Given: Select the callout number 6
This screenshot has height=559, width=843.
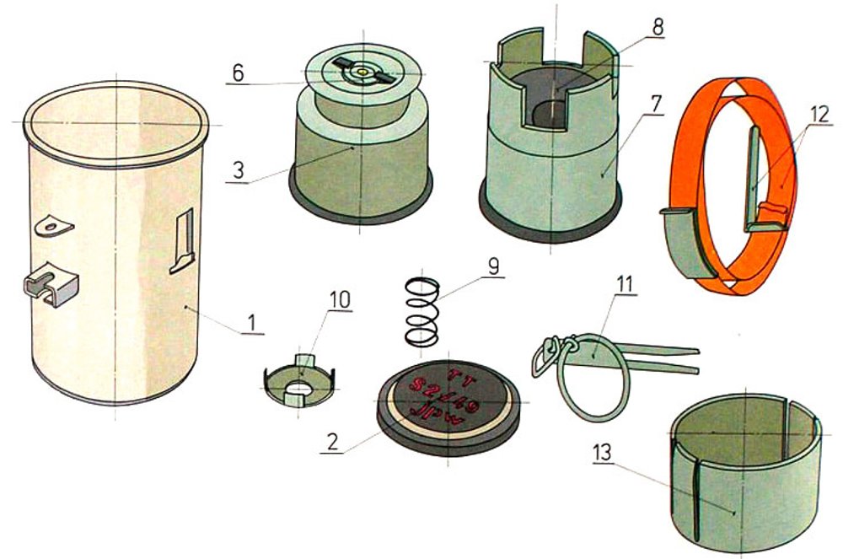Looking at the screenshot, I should coord(239,73).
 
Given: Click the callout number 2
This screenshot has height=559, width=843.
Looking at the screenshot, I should coord(334,441).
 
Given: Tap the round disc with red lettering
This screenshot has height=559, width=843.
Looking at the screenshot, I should coord(446,397).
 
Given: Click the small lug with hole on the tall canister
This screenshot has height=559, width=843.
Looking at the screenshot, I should coord(56,226).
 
